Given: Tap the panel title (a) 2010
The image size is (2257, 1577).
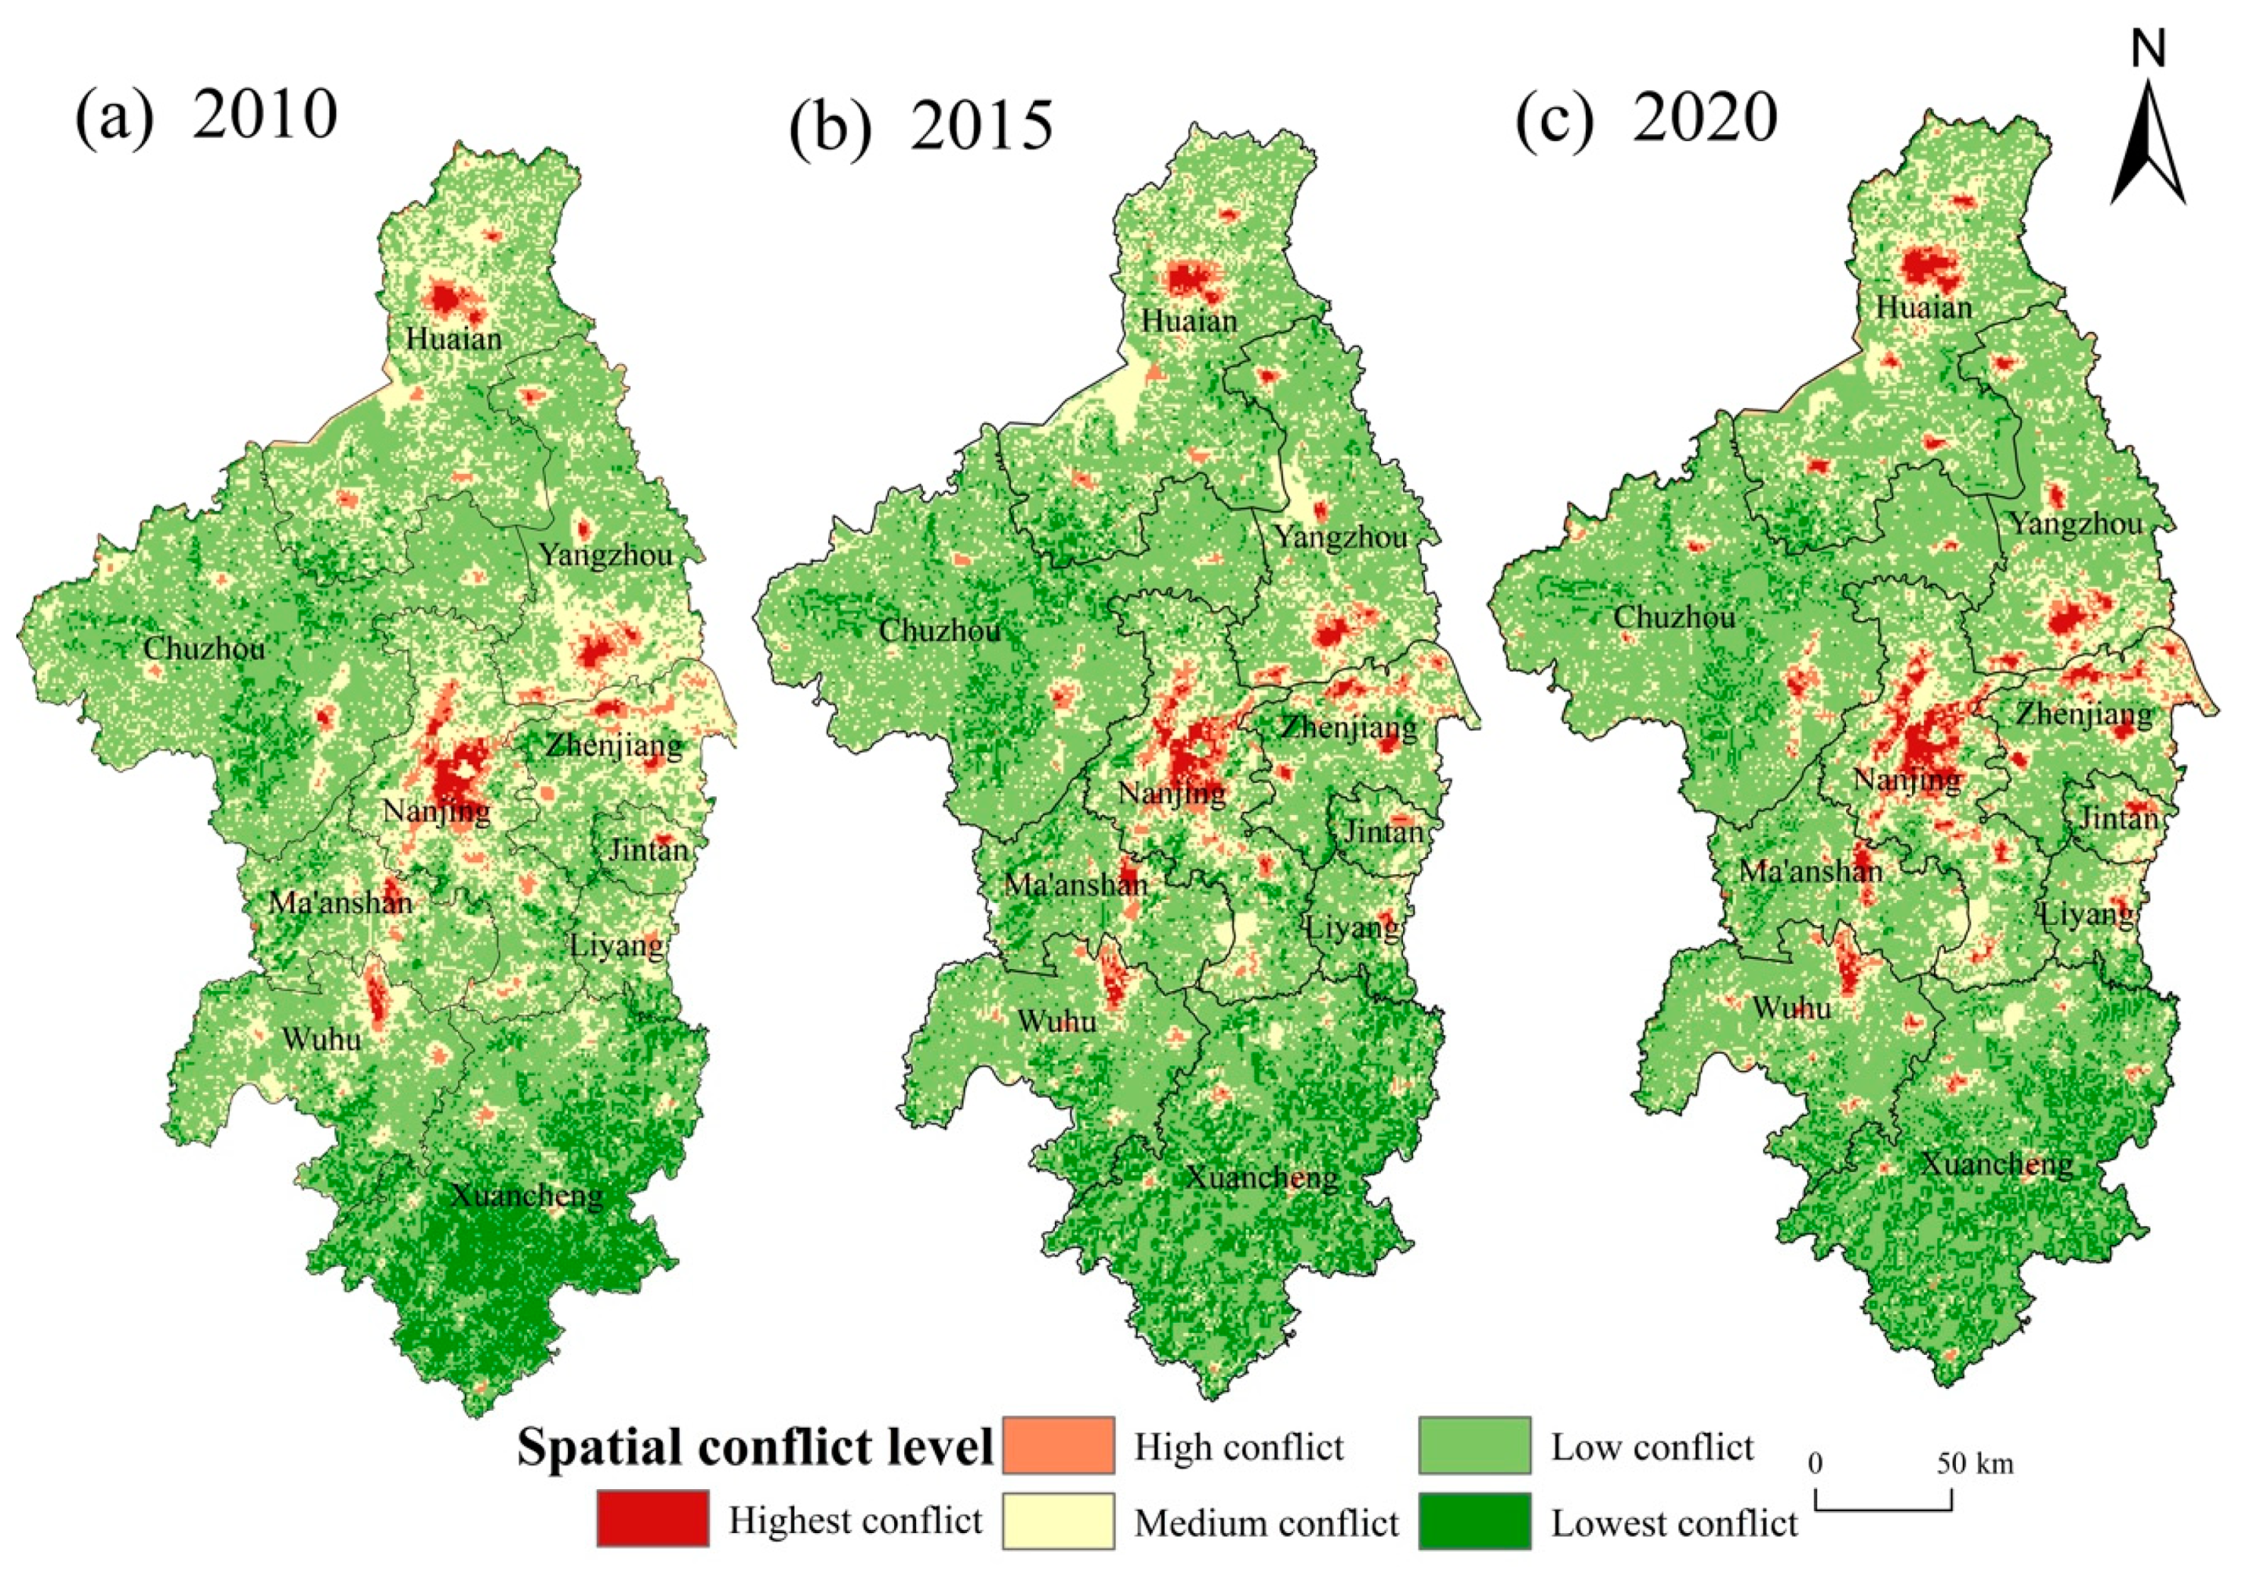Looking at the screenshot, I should coord(206,116).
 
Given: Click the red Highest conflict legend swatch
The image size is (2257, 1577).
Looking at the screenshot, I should coord(652,1519).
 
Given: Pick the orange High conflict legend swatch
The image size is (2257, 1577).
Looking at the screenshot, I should coord(1058,1445).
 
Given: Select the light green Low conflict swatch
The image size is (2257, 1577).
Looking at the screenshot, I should coord(1474,1445).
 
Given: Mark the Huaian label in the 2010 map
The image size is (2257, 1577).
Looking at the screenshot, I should coord(453,339).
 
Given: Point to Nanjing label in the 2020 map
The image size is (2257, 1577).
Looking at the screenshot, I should coord(1906,781).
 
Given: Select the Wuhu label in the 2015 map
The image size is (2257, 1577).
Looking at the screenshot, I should coord(1056,1022).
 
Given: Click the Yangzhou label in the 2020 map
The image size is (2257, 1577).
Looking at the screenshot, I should coord(2074,524).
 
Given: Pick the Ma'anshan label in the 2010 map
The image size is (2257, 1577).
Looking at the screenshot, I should coord(340,902).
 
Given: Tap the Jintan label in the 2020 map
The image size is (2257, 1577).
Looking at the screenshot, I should coord(2118,818).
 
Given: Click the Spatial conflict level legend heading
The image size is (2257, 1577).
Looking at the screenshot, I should coord(755,1448).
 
